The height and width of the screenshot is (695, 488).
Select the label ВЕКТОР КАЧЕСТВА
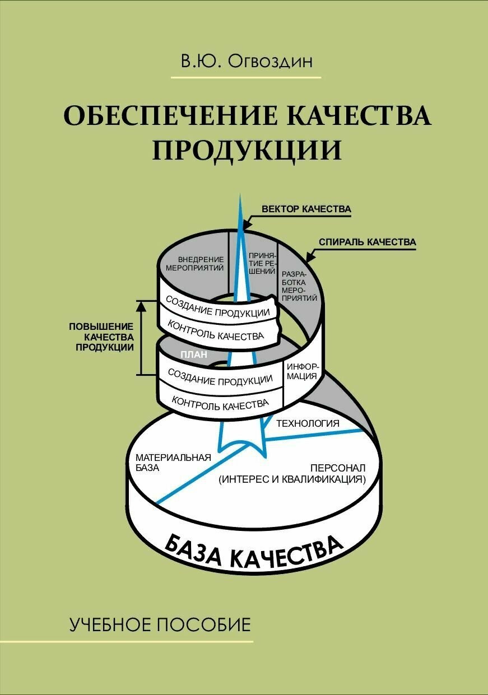(306, 209)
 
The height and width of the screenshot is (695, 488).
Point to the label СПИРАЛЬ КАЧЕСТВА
(367, 242)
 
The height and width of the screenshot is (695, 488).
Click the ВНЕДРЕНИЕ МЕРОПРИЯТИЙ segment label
(194, 263)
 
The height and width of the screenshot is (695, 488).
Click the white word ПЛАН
(194, 355)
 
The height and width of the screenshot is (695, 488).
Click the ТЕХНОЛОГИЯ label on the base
(308, 423)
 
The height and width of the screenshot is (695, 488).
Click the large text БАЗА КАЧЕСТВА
(254, 551)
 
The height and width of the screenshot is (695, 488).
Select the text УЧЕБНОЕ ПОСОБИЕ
(160, 624)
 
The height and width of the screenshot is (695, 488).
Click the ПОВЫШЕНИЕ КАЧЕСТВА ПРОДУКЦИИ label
(101, 336)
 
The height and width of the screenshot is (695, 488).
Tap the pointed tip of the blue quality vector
(240, 195)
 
